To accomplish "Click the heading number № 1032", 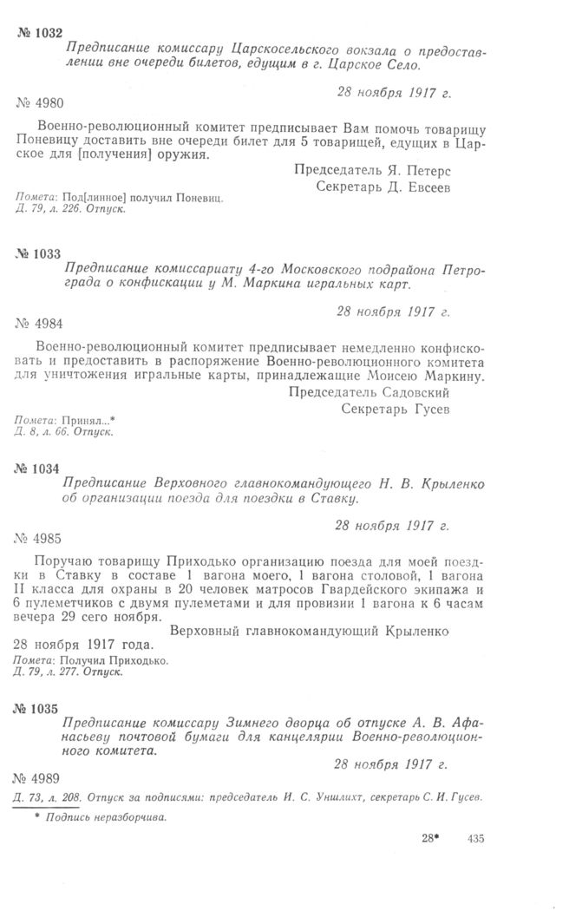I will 39,32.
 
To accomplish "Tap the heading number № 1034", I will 39,469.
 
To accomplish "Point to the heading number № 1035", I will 39,709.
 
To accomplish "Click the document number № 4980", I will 40,103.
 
